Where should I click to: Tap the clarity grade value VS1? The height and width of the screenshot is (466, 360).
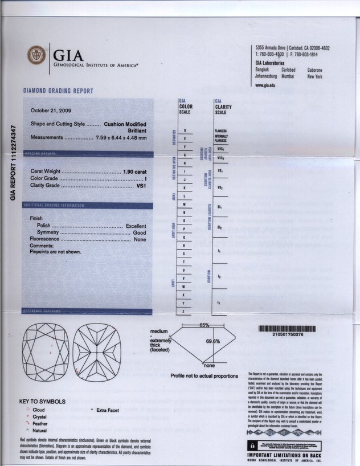click(x=142, y=186)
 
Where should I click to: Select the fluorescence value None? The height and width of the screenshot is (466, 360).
click(x=140, y=240)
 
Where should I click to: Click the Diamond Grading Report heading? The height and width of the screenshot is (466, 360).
click(x=58, y=91)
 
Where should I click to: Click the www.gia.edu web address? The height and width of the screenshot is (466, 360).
click(x=265, y=84)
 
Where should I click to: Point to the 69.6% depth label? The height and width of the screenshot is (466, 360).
click(x=212, y=341)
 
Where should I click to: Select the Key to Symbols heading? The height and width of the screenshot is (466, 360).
click(x=42, y=402)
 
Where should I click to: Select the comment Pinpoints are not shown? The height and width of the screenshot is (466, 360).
click(x=55, y=252)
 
